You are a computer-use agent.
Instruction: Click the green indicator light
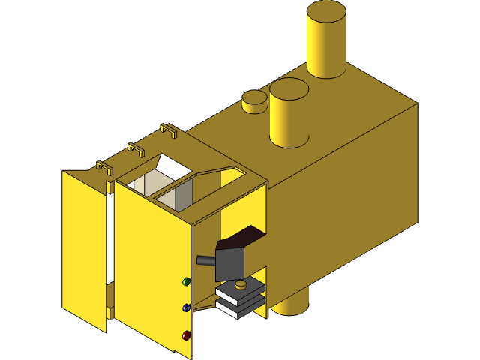click(x=187, y=282)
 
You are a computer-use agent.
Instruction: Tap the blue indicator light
click(x=187, y=307)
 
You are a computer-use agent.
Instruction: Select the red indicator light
click(x=187, y=335)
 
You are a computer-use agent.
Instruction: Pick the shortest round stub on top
click(x=254, y=101)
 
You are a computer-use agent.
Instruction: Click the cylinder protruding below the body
click(x=292, y=303)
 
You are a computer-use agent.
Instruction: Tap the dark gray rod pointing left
click(x=205, y=260)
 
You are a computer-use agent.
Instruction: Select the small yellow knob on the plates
click(x=240, y=284)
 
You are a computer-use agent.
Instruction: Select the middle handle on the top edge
click(x=136, y=149)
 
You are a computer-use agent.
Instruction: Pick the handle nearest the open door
click(x=104, y=167)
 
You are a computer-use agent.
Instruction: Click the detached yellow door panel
click(x=83, y=247)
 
